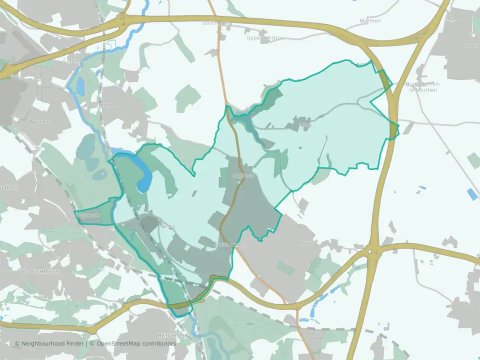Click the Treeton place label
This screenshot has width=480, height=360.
[x=107, y=105]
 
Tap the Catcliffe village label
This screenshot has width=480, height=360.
[x=73, y=60]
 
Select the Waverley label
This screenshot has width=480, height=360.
[x=41, y=122]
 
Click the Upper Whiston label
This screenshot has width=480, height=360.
[x=265, y=38]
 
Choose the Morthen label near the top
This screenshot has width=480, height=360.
[x=370, y=21]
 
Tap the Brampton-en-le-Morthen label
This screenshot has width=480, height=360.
[x=421, y=87]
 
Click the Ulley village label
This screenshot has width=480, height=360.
[x=304, y=124]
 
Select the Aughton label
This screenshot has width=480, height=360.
[x=243, y=175]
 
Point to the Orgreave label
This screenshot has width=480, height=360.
[x=88, y=216]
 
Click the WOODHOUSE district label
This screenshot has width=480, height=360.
[x=39, y=271]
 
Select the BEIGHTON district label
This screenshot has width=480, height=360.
[x=173, y=335]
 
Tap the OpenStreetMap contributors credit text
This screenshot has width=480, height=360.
[x=135, y=343]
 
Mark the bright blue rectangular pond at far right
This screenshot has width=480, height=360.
[x=472, y=194]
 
